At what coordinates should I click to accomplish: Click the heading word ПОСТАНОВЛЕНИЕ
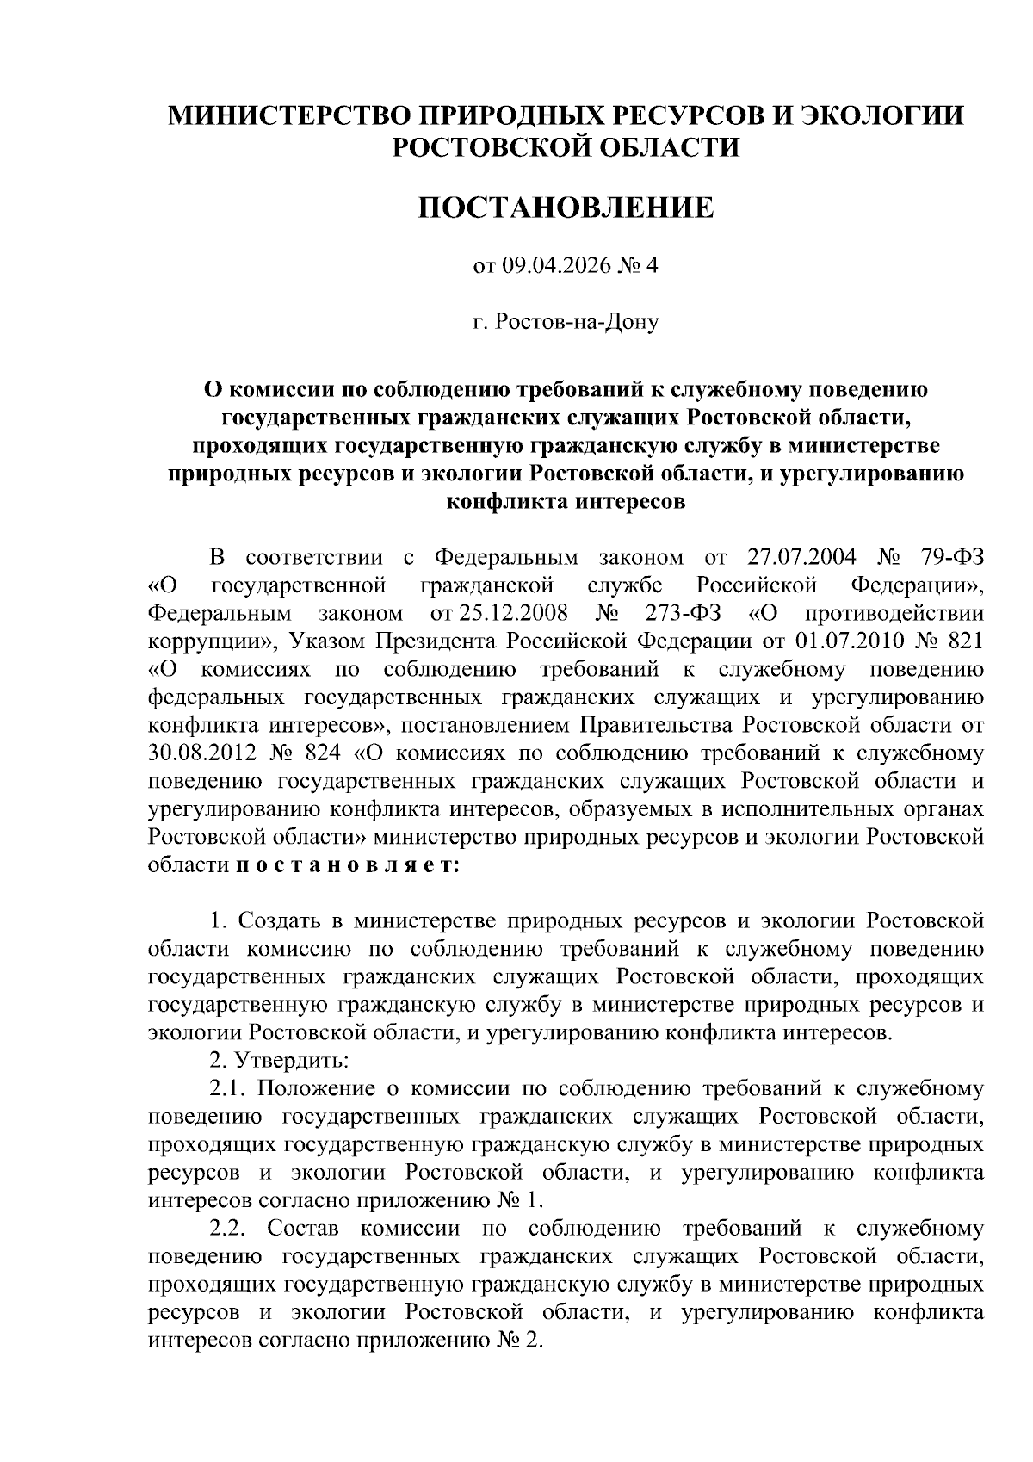pyautogui.click(x=566, y=208)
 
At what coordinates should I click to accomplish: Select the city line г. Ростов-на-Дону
pyautogui.click(x=566, y=323)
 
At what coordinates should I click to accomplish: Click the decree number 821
pyautogui.click(x=964, y=641)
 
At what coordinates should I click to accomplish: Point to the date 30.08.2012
pyautogui.click(x=202, y=753)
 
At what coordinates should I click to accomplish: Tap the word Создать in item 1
pyautogui.click(x=280, y=921)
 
